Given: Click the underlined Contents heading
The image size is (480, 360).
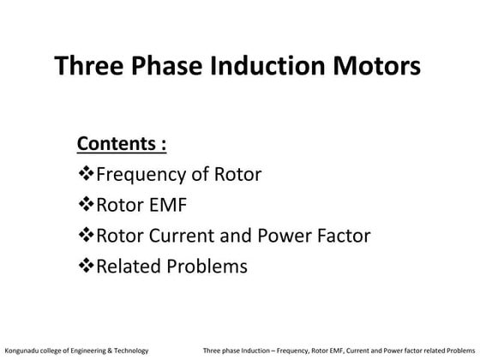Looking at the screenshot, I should (122, 143).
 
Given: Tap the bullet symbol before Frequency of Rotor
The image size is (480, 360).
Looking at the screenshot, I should (86, 175).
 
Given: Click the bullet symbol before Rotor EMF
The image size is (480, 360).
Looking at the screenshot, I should (86, 205).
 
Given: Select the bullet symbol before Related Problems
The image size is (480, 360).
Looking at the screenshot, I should (86, 267).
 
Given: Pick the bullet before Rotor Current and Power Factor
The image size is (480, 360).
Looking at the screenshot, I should (86, 236).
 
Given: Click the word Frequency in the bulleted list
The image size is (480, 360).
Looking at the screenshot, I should (140, 176).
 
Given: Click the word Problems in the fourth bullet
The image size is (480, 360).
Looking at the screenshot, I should (207, 267).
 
